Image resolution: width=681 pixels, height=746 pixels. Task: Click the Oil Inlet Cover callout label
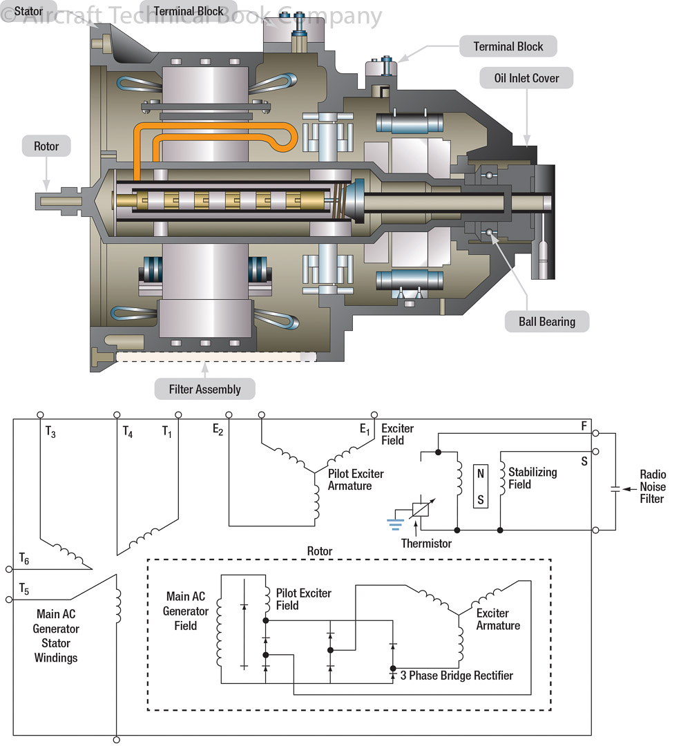point(526,78)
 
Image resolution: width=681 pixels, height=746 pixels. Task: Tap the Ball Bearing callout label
point(546,321)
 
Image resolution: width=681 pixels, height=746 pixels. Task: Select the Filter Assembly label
point(205,389)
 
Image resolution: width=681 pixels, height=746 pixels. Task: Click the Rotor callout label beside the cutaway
point(46,146)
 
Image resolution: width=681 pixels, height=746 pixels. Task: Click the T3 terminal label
point(50,432)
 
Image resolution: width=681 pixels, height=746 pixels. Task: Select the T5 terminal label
point(24,589)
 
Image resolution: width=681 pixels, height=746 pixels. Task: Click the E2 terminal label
point(218,430)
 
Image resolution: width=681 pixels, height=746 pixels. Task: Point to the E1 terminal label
point(365,430)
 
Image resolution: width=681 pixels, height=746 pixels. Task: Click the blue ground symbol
point(395,523)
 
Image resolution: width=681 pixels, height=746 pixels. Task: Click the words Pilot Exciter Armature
point(356,479)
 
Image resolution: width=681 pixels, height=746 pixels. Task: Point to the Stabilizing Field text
point(533,478)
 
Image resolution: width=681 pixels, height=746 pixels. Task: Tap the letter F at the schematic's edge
point(584,427)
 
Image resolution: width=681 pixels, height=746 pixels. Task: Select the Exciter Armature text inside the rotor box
point(498,619)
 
